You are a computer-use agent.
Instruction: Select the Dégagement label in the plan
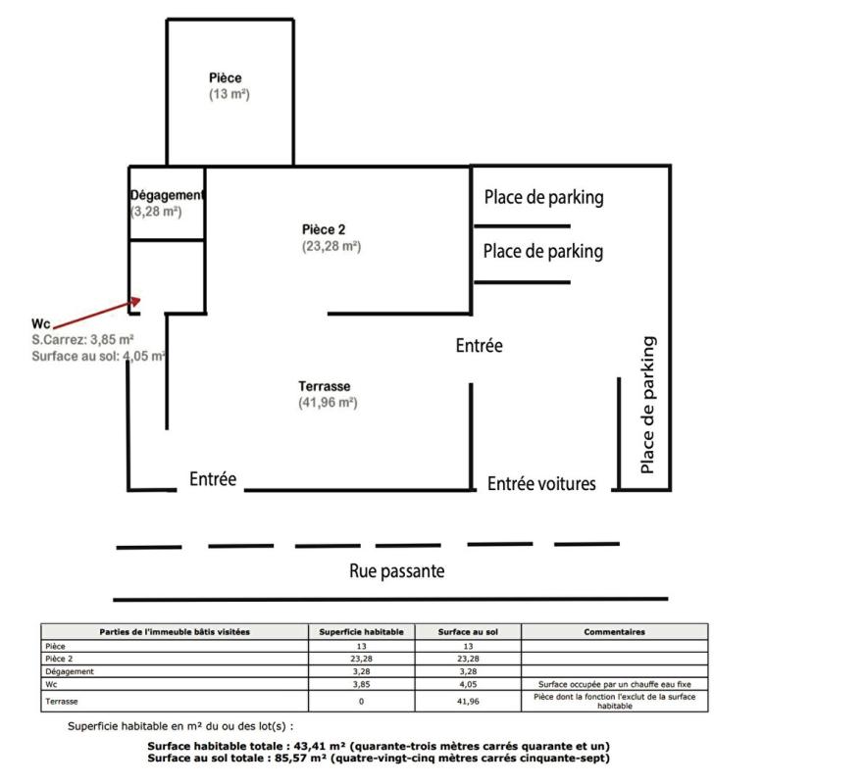point(168,195)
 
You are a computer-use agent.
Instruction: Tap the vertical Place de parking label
point(647,405)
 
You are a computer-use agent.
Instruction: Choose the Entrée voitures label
point(541,484)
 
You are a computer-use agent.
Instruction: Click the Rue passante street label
point(396,570)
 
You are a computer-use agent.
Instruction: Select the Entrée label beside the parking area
point(479,345)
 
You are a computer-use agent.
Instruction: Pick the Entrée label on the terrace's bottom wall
point(213,479)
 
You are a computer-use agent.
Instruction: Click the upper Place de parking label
point(543,198)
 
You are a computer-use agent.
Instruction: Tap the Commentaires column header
point(614,632)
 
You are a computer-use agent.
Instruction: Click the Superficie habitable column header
point(361,632)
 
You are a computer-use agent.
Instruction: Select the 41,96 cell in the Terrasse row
point(468,702)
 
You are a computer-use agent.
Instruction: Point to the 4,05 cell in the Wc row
point(468,684)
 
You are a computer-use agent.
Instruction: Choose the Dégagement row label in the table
point(70,671)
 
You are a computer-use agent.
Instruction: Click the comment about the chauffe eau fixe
point(614,684)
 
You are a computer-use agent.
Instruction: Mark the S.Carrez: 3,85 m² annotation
point(82,340)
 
